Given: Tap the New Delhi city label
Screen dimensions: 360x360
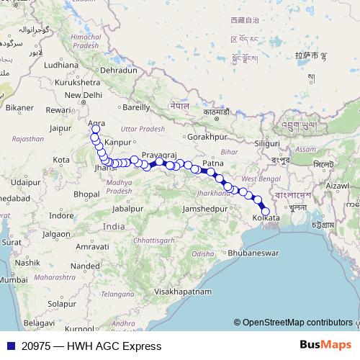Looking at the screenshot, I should pos(84,95).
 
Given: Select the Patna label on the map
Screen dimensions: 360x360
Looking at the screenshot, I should pos(212,163).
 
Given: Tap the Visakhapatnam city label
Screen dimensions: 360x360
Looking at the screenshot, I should pos(183,292).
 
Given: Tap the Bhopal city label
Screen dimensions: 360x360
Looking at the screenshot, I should pos(86,194).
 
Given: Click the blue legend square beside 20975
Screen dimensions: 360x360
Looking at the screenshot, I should pos(10,346).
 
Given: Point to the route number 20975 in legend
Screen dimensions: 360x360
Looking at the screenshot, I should pos(36,346).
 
